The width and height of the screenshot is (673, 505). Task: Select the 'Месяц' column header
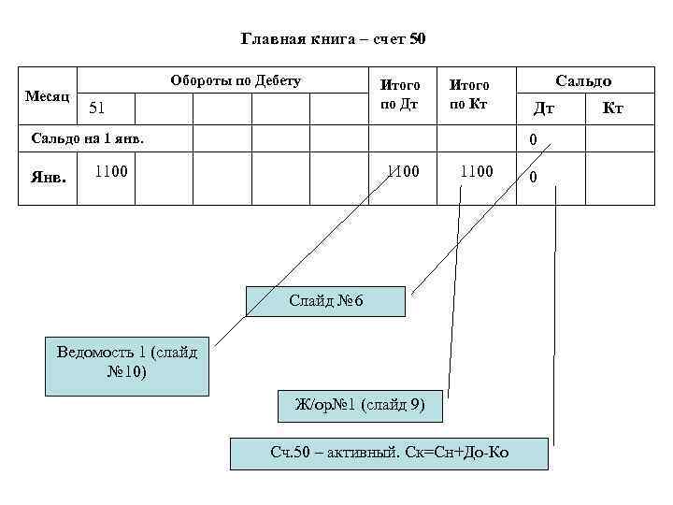click(x=46, y=96)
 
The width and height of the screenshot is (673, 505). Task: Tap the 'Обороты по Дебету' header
click(x=236, y=81)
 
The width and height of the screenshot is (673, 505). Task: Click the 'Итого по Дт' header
click(x=399, y=94)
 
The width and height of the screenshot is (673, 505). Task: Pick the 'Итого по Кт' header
click(x=469, y=94)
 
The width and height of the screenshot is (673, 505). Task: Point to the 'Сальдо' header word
click(x=583, y=81)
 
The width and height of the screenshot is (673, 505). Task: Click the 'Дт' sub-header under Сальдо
click(x=544, y=108)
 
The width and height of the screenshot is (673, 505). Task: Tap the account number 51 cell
click(x=96, y=108)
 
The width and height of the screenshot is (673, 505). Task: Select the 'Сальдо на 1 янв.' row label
click(x=89, y=139)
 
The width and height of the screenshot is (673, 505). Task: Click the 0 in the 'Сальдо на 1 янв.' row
click(x=533, y=141)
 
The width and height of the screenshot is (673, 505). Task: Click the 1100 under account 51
click(x=110, y=171)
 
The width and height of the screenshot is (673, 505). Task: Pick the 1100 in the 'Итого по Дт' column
click(x=405, y=171)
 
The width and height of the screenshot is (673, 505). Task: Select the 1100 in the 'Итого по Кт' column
click(x=477, y=171)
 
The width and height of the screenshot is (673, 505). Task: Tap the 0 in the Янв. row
click(x=533, y=177)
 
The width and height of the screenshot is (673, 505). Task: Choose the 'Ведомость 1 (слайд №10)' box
click(x=127, y=361)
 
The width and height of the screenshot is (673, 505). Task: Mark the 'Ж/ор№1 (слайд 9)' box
click(x=360, y=405)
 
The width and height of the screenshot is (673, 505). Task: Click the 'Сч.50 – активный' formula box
click(x=389, y=453)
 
